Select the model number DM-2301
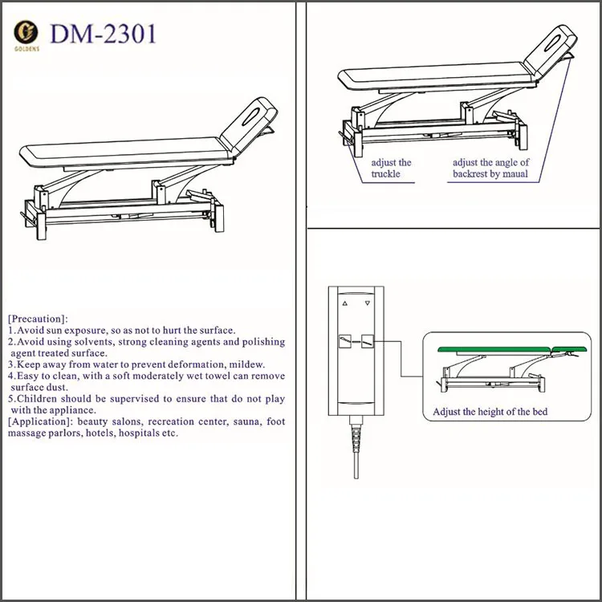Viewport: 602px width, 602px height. coord(104,35)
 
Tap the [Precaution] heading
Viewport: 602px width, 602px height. coord(39,319)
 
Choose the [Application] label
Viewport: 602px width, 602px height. coord(40,421)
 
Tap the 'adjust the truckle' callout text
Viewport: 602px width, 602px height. coord(391,168)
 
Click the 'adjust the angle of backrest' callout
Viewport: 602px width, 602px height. coord(490,168)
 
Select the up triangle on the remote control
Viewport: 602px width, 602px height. coord(345,305)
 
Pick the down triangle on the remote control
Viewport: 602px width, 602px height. coord(368,305)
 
